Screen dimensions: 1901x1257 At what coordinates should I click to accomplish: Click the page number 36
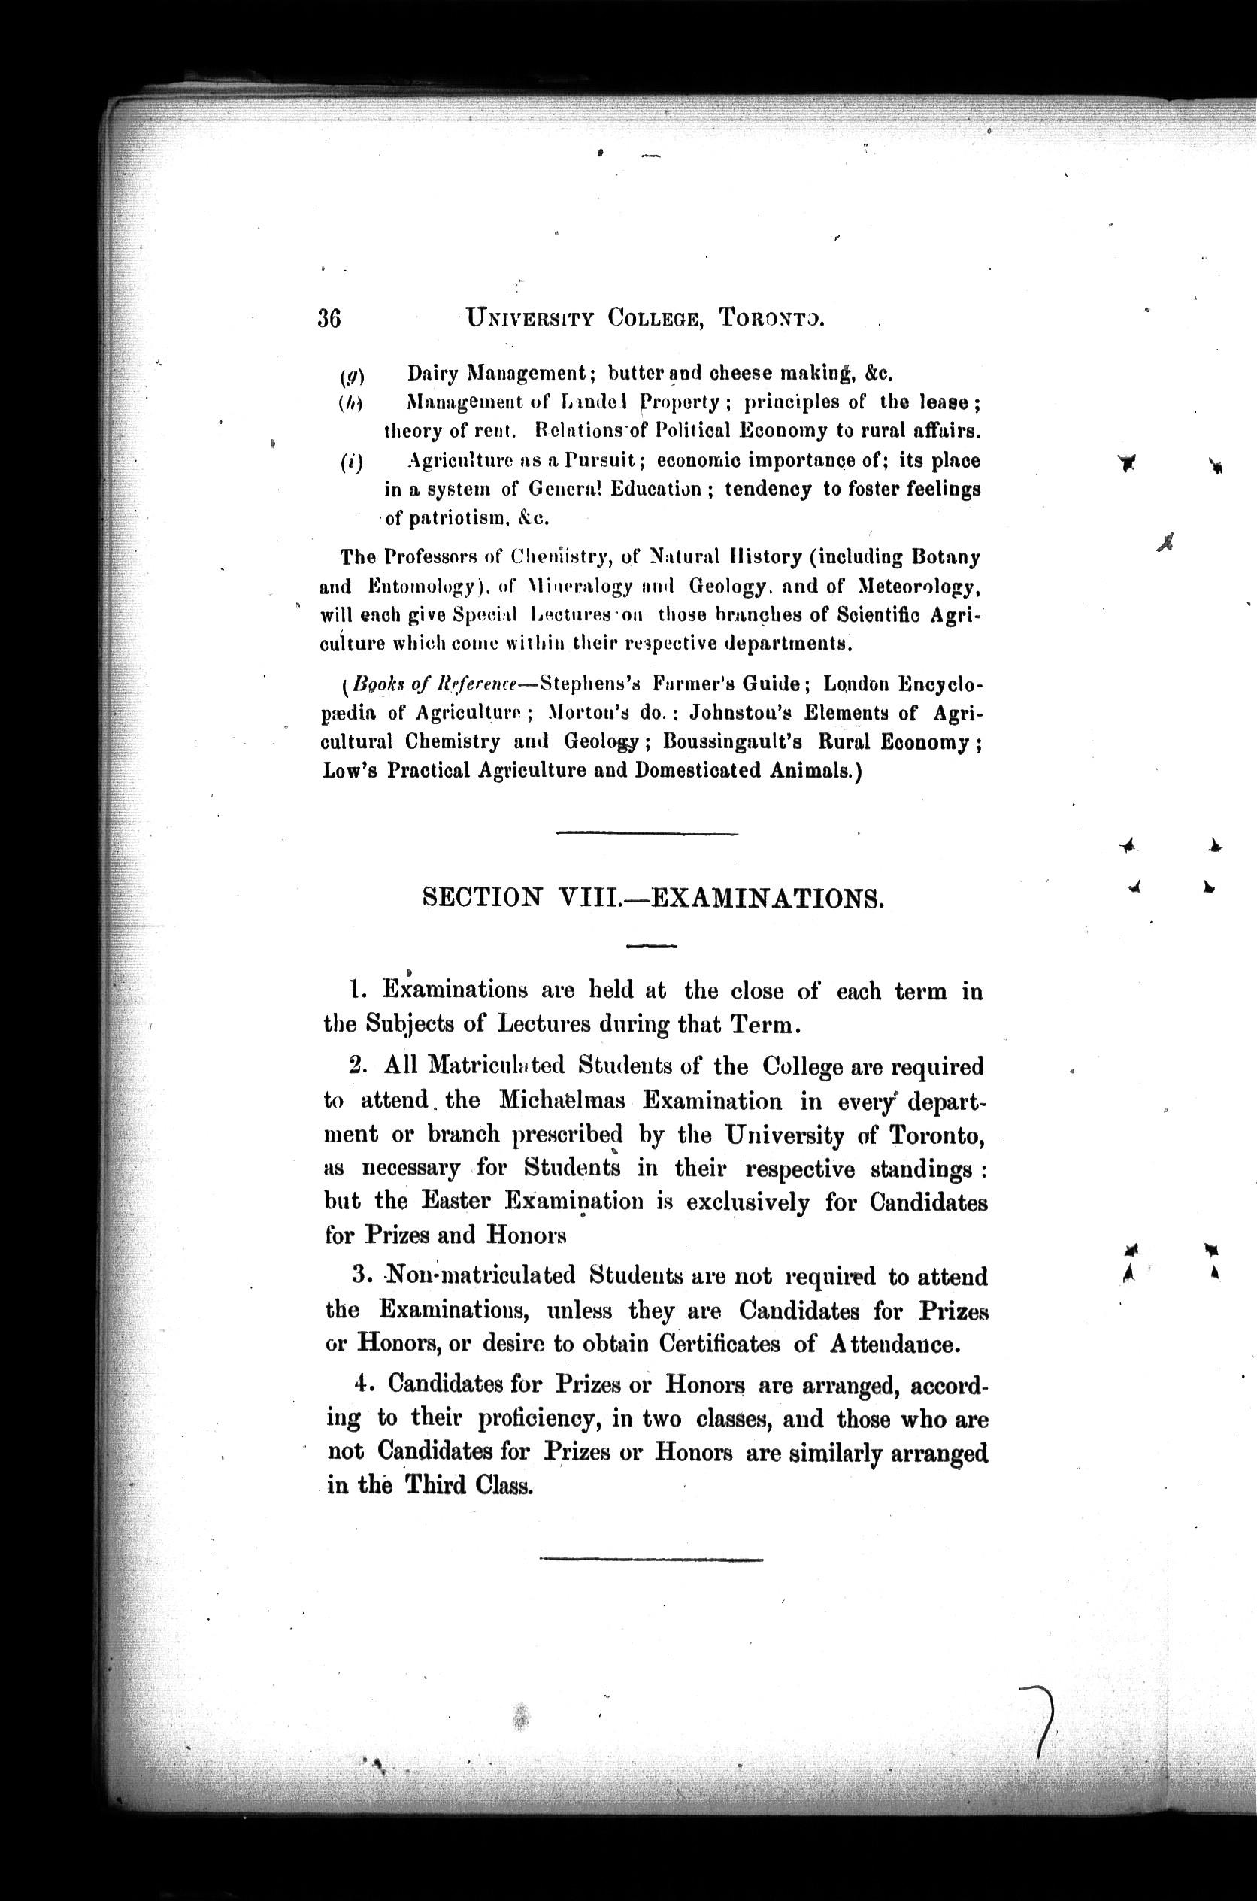coord(329,318)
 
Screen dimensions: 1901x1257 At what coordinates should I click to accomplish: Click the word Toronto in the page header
coord(771,318)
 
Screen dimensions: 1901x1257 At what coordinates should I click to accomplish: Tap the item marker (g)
coord(351,375)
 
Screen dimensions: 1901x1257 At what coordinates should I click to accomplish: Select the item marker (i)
coord(350,462)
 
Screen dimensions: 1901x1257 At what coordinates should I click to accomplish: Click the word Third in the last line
coord(436,1486)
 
